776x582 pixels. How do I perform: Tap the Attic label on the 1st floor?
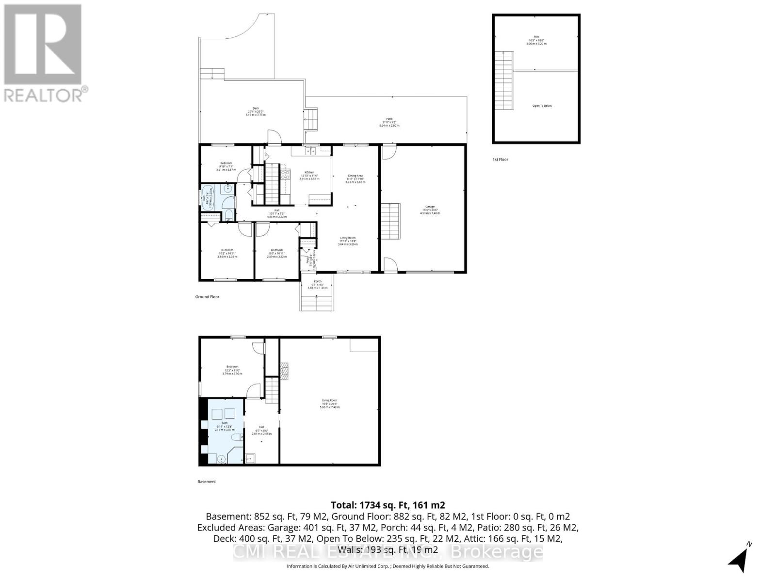536,36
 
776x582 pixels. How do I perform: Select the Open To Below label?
542,106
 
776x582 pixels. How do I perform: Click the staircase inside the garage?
391,221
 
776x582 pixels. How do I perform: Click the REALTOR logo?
44,53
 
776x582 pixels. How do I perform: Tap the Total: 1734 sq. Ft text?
388,505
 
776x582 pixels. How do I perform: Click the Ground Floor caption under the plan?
207,297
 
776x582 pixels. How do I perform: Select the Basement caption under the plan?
207,482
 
